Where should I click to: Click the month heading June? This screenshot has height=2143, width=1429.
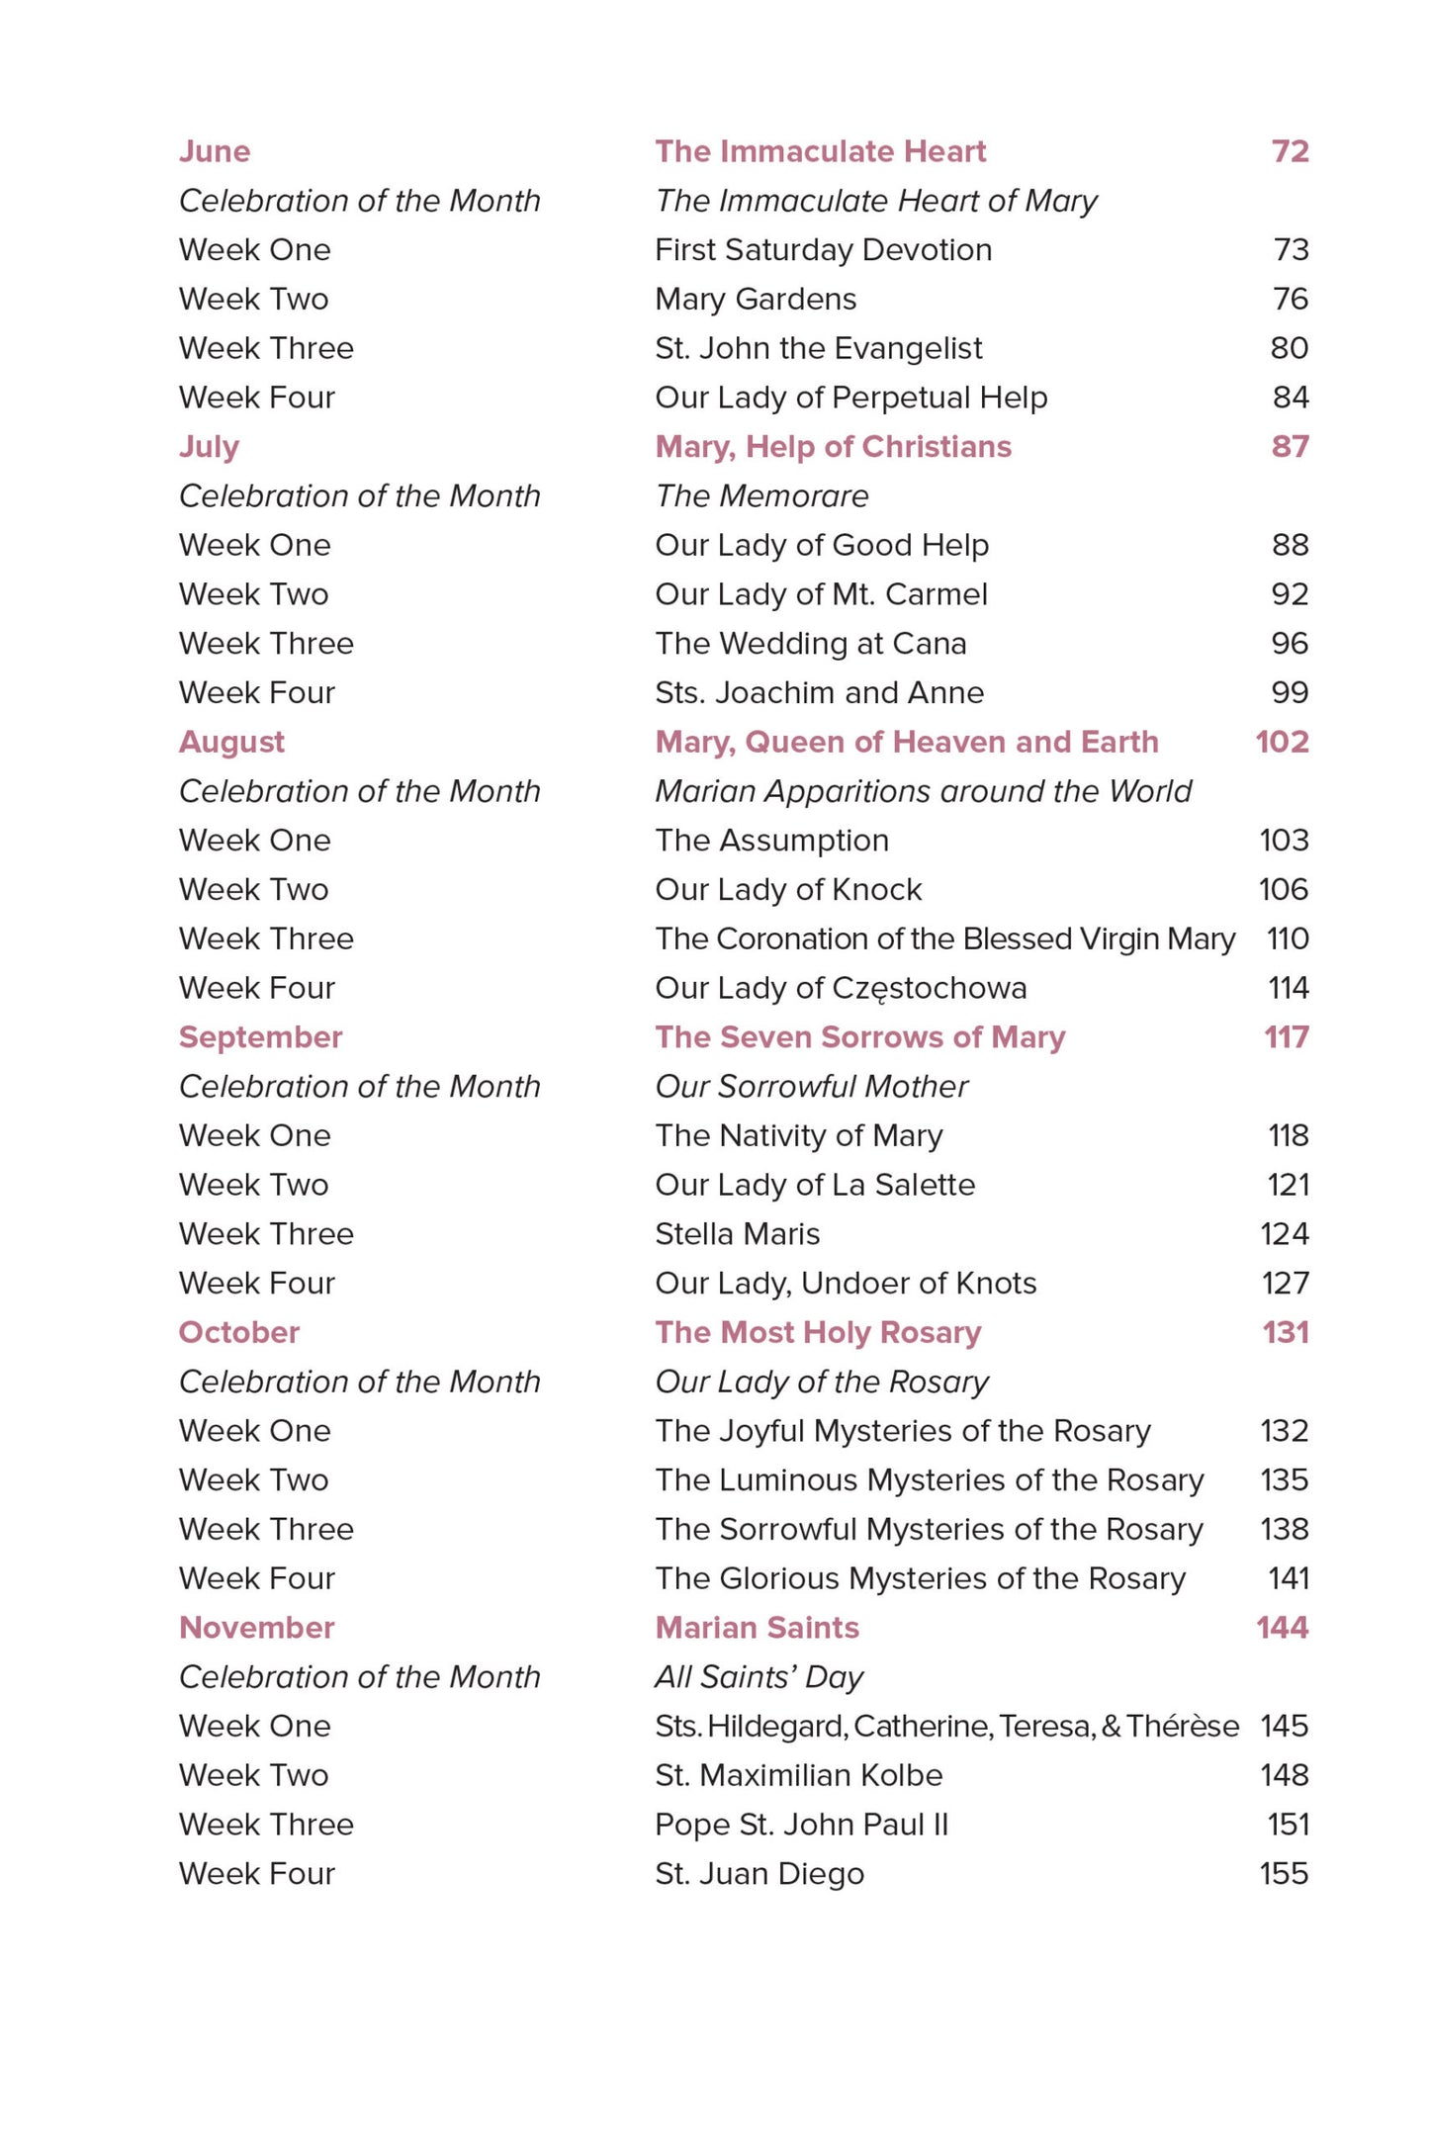click(215, 151)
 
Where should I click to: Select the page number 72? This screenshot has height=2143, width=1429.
click(1290, 151)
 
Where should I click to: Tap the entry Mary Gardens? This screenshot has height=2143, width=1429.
click(756, 299)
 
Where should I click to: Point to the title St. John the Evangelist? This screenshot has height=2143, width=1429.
click(818, 348)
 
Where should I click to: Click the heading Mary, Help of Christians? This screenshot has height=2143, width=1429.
click(833, 447)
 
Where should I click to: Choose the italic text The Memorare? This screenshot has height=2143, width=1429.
click(761, 495)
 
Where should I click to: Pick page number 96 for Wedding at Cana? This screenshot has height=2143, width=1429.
click(1290, 644)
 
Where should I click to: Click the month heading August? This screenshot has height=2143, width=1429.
click(231, 742)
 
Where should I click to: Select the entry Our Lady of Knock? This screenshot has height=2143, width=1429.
click(788, 890)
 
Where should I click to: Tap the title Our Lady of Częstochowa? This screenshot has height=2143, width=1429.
click(841, 988)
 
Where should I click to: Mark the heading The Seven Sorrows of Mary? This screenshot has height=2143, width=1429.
click(859, 1037)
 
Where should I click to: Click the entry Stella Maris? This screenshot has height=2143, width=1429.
click(737, 1234)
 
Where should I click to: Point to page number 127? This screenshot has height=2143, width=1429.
click(1285, 1284)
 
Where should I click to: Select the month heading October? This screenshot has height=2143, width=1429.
click(238, 1332)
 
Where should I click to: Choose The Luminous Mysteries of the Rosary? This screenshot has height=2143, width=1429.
click(929, 1480)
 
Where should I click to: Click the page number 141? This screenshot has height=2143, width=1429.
click(1288, 1578)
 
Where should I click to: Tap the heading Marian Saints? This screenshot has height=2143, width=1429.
click(757, 1628)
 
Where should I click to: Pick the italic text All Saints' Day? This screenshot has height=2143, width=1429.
click(759, 1677)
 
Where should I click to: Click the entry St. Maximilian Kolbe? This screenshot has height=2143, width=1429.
click(798, 1775)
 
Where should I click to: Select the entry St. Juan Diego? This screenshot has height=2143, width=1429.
click(759, 1874)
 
